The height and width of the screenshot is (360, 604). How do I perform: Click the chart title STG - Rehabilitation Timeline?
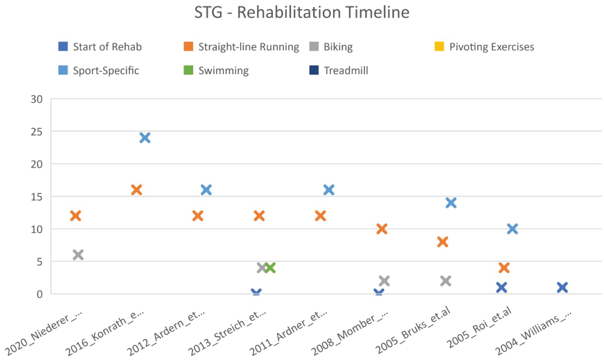click(x=302, y=12)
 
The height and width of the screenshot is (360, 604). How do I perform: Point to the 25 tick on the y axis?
click(x=37, y=132)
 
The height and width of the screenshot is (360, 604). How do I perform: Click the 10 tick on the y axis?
click(x=37, y=229)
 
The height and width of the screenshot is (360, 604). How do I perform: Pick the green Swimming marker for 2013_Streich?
click(x=270, y=268)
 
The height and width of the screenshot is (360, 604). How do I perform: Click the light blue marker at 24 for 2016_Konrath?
click(x=145, y=138)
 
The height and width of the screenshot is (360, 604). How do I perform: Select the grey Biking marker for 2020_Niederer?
click(x=78, y=254)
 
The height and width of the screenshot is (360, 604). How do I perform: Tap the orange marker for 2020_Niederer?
click(x=76, y=216)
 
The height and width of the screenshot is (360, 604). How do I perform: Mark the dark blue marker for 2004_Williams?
click(x=562, y=288)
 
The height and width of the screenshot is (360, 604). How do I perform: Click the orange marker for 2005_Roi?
click(x=504, y=268)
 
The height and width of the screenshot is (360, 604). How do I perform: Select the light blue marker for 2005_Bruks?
click(x=451, y=203)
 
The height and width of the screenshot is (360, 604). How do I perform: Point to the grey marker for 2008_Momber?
click(x=384, y=281)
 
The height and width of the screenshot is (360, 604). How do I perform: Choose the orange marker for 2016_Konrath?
click(x=137, y=190)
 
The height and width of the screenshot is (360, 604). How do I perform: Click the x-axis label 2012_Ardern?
click(x=166, y=333)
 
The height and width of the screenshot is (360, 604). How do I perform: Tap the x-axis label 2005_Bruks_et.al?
click(x=413, y=330)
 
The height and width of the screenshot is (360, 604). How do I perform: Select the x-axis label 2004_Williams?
click(x=533, y=333)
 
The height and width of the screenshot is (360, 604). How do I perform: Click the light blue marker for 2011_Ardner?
click(x=329, y=190)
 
